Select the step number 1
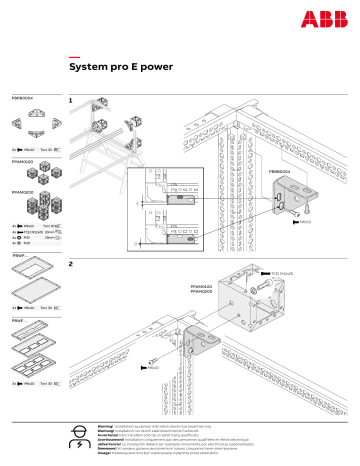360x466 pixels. (x=70, y=101)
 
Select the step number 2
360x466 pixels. (x=70, y=264)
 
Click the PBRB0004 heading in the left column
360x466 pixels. (x=22, y=99)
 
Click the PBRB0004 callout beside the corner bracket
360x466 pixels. (x=280, y=171)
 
